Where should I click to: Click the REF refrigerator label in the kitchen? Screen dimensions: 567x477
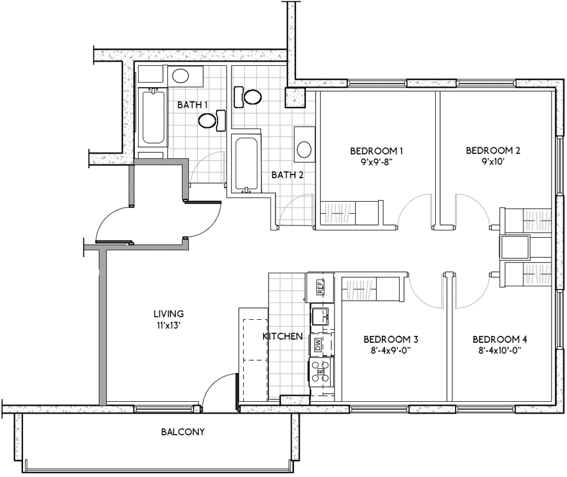(x=320, y=287)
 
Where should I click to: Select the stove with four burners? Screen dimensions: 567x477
(x=321, y=371)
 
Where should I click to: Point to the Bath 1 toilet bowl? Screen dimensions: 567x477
(x=206, y=120)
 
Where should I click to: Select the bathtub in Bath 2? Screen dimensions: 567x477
(x=246, y=163)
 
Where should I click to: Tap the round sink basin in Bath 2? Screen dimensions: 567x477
(x=304, y=149)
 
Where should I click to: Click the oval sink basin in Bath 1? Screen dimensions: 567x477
(x=180, y=76)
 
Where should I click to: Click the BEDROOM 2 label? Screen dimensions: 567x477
(x=493, y=150)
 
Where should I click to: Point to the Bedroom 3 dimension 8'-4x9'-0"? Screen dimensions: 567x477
(x=391, y=350)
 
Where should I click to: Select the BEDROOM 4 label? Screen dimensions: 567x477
(x=500, y=339)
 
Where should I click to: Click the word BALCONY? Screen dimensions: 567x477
(x=183, y=432)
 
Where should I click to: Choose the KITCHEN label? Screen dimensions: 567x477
(x=283, y=337)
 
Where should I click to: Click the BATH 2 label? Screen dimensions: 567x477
(x=287, y=175)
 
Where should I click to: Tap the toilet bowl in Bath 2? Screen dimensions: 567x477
(x=253, y=97)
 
